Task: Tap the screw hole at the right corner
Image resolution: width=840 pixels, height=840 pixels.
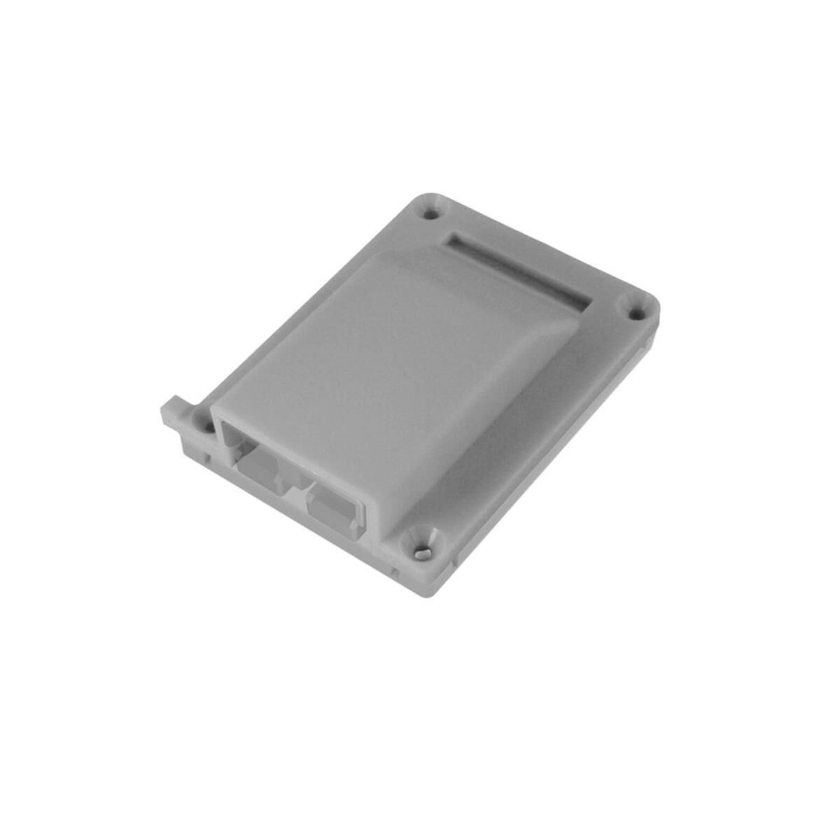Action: pyautogui.click(x=636, y=313)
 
